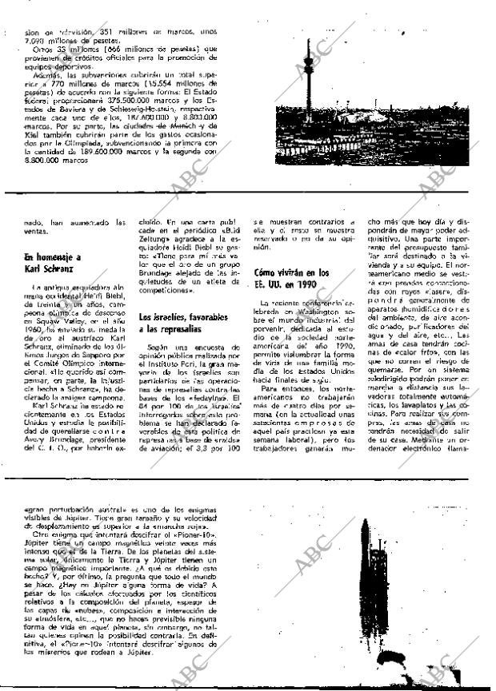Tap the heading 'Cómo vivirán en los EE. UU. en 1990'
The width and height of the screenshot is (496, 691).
tap(291, 278)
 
